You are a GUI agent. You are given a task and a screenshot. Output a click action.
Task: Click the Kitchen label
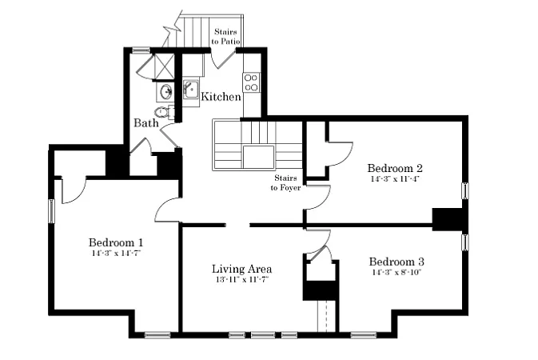221,97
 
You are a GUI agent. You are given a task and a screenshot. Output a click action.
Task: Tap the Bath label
146,122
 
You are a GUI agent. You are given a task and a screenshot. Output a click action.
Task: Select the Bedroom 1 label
116,242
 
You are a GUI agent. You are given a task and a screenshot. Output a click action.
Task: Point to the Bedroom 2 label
395,168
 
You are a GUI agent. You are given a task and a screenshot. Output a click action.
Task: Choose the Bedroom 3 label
397,262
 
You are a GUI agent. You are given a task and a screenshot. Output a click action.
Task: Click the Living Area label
242,269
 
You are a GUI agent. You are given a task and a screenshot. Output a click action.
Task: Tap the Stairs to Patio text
225,37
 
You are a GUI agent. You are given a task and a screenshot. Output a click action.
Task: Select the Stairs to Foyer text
285,182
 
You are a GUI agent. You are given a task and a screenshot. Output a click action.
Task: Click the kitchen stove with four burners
251,82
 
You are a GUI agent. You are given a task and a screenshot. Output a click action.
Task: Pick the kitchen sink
191,89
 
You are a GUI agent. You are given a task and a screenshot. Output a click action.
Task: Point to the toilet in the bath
163,112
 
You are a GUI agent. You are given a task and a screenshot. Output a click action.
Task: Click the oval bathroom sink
166,92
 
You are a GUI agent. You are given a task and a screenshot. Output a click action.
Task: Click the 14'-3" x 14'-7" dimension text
117,253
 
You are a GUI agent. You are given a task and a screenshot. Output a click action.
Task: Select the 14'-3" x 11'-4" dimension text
395,178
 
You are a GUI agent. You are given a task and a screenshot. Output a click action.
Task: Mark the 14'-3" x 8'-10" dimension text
397,273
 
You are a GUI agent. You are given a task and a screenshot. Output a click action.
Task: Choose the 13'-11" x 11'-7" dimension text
242,280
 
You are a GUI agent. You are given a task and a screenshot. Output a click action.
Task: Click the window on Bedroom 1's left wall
51,211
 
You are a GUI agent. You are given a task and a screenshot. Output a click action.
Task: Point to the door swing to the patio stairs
222,59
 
